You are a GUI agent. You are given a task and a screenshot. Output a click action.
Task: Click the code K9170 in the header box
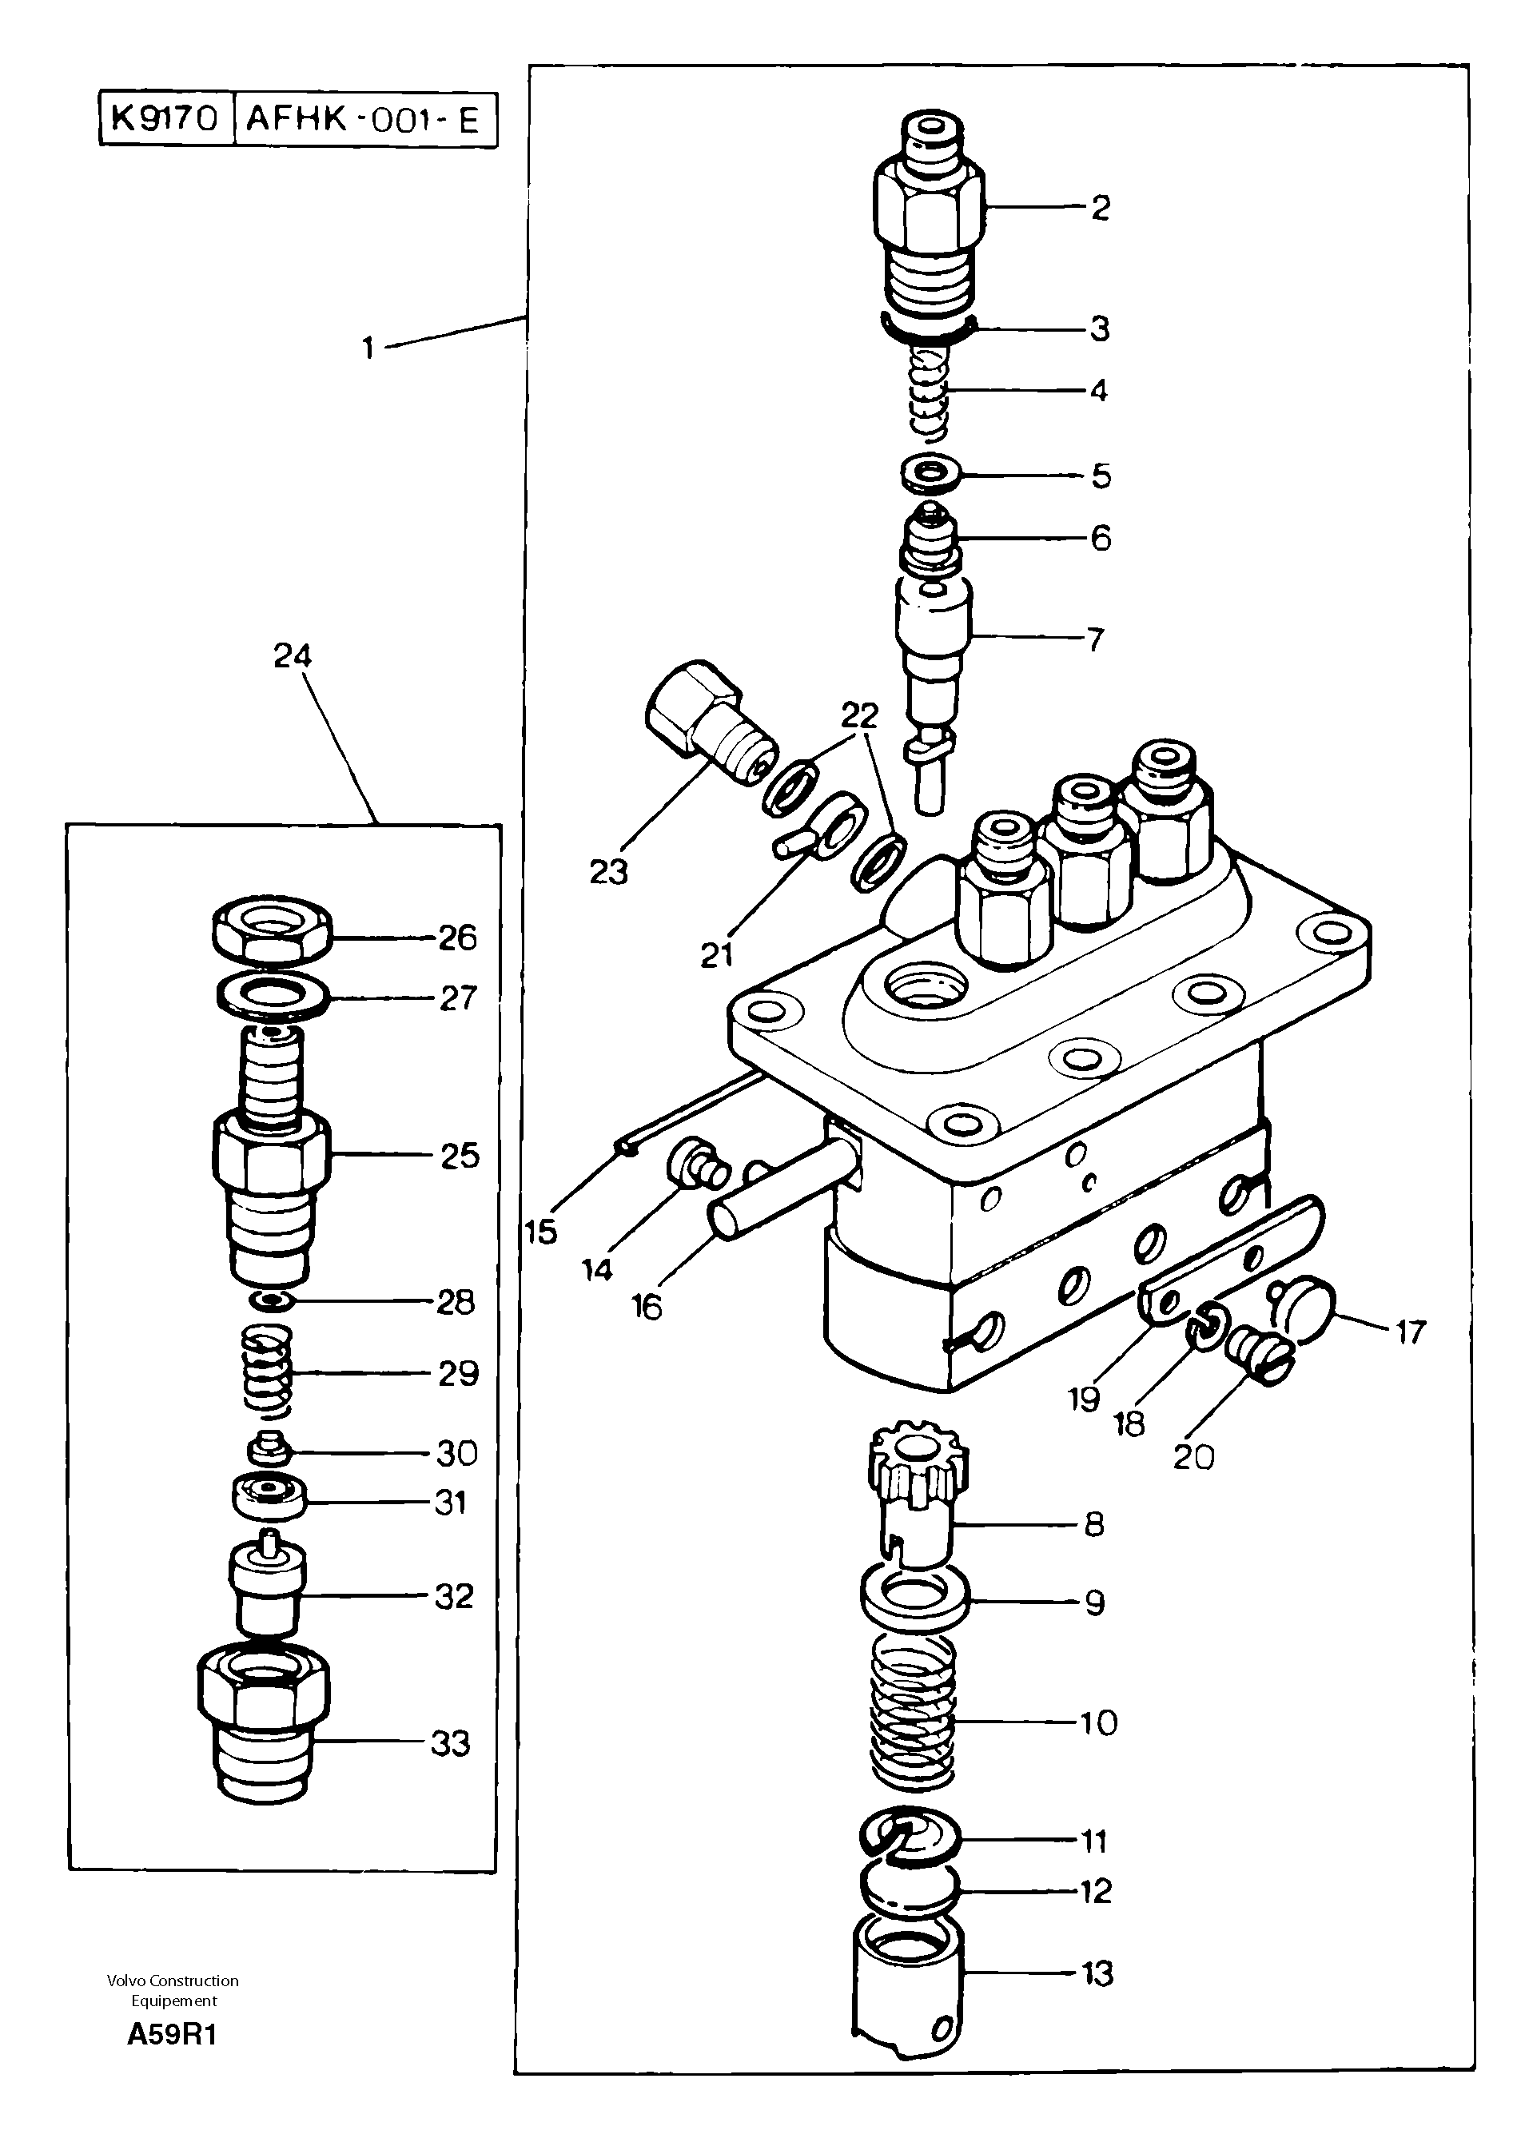(x=165, y=119)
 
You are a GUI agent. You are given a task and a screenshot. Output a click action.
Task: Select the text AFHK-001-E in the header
(x=363, y=120)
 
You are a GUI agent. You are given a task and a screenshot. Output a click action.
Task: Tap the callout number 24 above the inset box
(x=292, y=655)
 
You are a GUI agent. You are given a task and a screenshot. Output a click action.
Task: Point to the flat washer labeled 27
(x=273, y=995)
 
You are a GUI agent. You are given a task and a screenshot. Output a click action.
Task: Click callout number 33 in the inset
(x=450, y=1744)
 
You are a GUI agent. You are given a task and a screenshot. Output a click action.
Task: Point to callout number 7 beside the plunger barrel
(x=1095, y=640)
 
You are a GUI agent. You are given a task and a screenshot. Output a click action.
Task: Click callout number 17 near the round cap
(x=1411, y=1332)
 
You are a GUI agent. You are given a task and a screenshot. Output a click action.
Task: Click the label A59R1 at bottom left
(x=173, y=2035)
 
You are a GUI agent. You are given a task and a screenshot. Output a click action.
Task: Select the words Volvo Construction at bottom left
(x=173, y=1981)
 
